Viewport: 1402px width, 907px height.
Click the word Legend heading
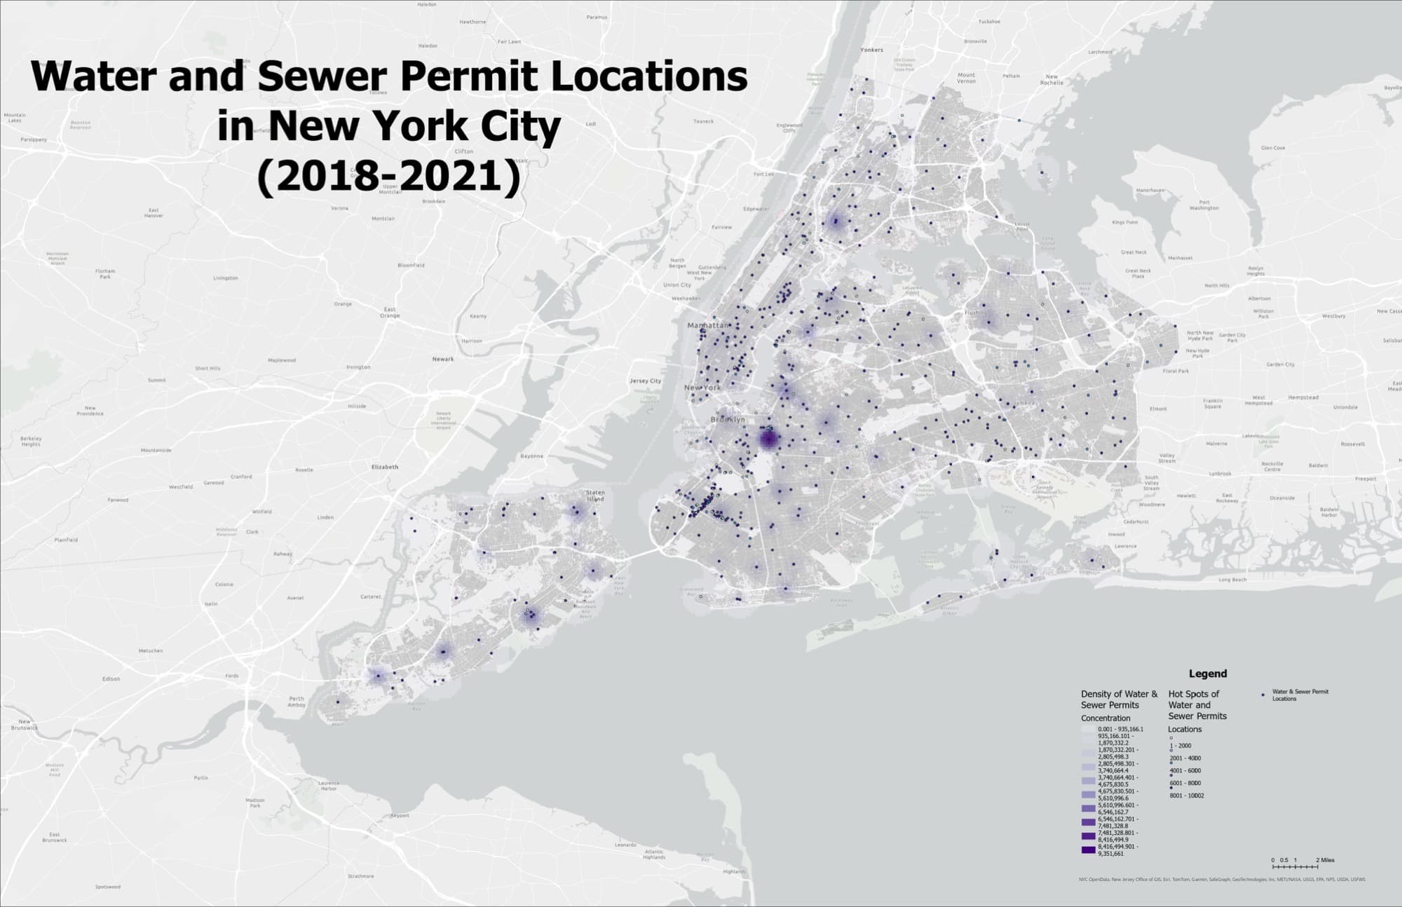point(1208,674)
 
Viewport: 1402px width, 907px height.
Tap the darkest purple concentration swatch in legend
point(1088,850)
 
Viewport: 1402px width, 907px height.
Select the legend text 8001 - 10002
point(1186,796)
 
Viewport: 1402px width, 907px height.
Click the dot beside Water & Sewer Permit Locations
point(1263,695)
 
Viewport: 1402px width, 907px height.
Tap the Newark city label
point(443,359)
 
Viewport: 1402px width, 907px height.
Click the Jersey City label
point(645,381)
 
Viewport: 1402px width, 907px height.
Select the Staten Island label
point(595,496)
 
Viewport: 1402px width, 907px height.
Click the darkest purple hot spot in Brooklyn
point(769,439)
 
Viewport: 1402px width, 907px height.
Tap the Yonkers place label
point(872,50)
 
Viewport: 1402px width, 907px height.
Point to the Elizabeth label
point(384,467)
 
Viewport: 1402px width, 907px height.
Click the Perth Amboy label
point(297,701)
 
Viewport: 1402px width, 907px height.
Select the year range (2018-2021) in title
point(389,177)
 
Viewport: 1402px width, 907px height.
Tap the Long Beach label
point(1232,580)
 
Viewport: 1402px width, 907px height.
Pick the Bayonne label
point(531,456)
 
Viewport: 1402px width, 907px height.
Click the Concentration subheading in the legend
point(1105,718)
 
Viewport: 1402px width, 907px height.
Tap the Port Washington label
point(1204,205)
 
